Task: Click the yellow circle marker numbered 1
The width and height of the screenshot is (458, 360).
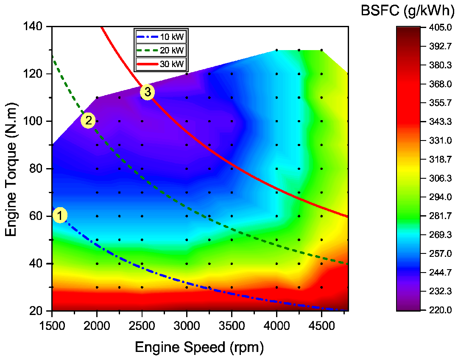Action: click(60, 216)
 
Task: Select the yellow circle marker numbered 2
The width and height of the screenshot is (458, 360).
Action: click(88, 121)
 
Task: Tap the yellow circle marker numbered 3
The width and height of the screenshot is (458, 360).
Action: click(147, 92)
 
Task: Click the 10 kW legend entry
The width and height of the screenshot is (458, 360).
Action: click(161, 36)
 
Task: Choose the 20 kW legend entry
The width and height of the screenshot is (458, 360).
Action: click(161, 50)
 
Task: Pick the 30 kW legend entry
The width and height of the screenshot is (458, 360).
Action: click(161, 64)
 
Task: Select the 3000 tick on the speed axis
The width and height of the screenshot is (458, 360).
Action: click(187, 325)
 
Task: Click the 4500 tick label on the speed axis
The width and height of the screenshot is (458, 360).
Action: click(321, 325)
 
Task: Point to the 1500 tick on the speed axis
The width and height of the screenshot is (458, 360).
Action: click(52, 325)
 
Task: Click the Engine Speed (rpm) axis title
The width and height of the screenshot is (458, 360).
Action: click(199, 347)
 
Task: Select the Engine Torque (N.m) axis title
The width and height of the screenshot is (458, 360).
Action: click(12, 169)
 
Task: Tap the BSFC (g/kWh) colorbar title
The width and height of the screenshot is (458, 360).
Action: click(407, 11)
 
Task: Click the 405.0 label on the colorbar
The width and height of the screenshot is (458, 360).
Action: click(437, 28)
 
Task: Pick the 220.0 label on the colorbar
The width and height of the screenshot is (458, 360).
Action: click(437, 310)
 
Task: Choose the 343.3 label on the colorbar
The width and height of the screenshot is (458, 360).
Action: click(437, 122)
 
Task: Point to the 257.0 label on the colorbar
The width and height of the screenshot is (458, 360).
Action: click(437, 254)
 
